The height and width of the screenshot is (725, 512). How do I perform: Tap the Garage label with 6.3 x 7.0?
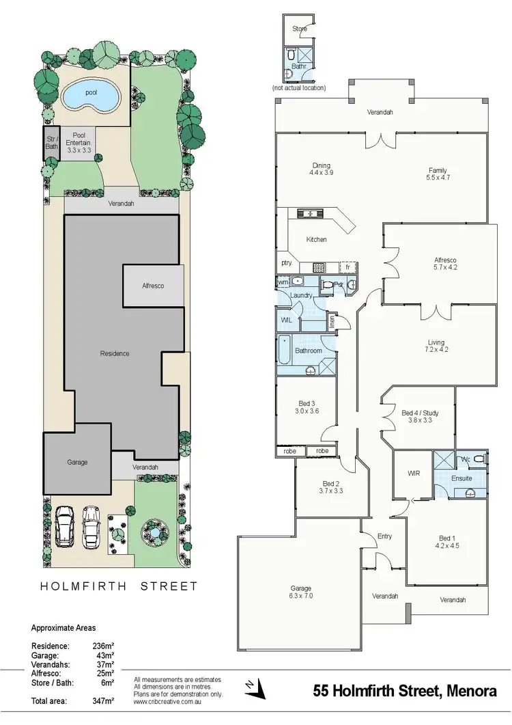[300, 592]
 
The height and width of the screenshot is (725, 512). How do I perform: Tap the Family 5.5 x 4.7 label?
[438, 174]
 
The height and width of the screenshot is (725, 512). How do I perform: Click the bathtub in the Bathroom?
[283, 353]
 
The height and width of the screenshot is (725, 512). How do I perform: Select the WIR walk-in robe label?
[413, 472]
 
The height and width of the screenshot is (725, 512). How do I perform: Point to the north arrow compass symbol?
[255, 687]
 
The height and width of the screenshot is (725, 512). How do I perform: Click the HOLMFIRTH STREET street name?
[119, 586]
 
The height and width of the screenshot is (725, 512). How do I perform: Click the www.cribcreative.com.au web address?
[167, 701]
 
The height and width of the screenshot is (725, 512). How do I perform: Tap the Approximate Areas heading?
[63, 627]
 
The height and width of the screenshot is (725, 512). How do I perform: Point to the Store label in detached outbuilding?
[300, 29]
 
